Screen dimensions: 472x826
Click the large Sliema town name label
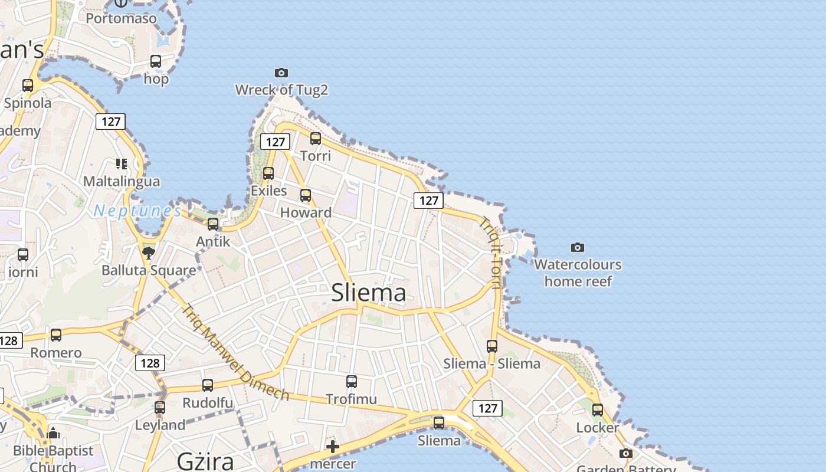pyautogui.click(x=369, y=293)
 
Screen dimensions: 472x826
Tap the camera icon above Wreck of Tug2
pyautogui.click(x=281, y=73)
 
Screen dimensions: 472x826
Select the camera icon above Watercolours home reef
pyautogui.click(x=578, y=247)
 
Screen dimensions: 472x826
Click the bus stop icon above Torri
pyautogui.click(x=316, y=139)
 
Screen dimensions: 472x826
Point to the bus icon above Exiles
pyautogui.click(x=268, y=173)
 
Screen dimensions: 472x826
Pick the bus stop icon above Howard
pyautogui.click(x=306, y=195)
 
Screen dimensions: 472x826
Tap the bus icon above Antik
pyautogui.click(x=213, y=224)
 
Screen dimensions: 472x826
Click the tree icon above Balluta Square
pyautogui.click(x=149, y=253)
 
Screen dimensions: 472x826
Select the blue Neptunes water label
pyautogui.click(x=137, y=211)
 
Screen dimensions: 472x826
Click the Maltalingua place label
pyautogui.click(x=122, y=181)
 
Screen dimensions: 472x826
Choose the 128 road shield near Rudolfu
pyautogui.click(x=150, y=363)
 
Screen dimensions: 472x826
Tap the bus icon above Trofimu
pyautogui.click(x=352, y=382)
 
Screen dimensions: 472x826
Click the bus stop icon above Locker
pyautogui.click(x=598, y=410)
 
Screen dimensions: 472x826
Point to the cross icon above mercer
pyautogui.click(x=333, y=447)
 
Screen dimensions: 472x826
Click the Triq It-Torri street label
pyautogui.click(x=490, y=254)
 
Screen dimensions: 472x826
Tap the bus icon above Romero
pyautogui.click(x=56, y=335)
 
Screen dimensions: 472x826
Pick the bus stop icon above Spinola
pyautogui.click(x=28, y=85)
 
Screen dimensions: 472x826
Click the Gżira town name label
pyautogui.click(x=206, y=460)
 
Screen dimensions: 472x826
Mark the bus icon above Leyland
pyautogui.click(x=160, y=408)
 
